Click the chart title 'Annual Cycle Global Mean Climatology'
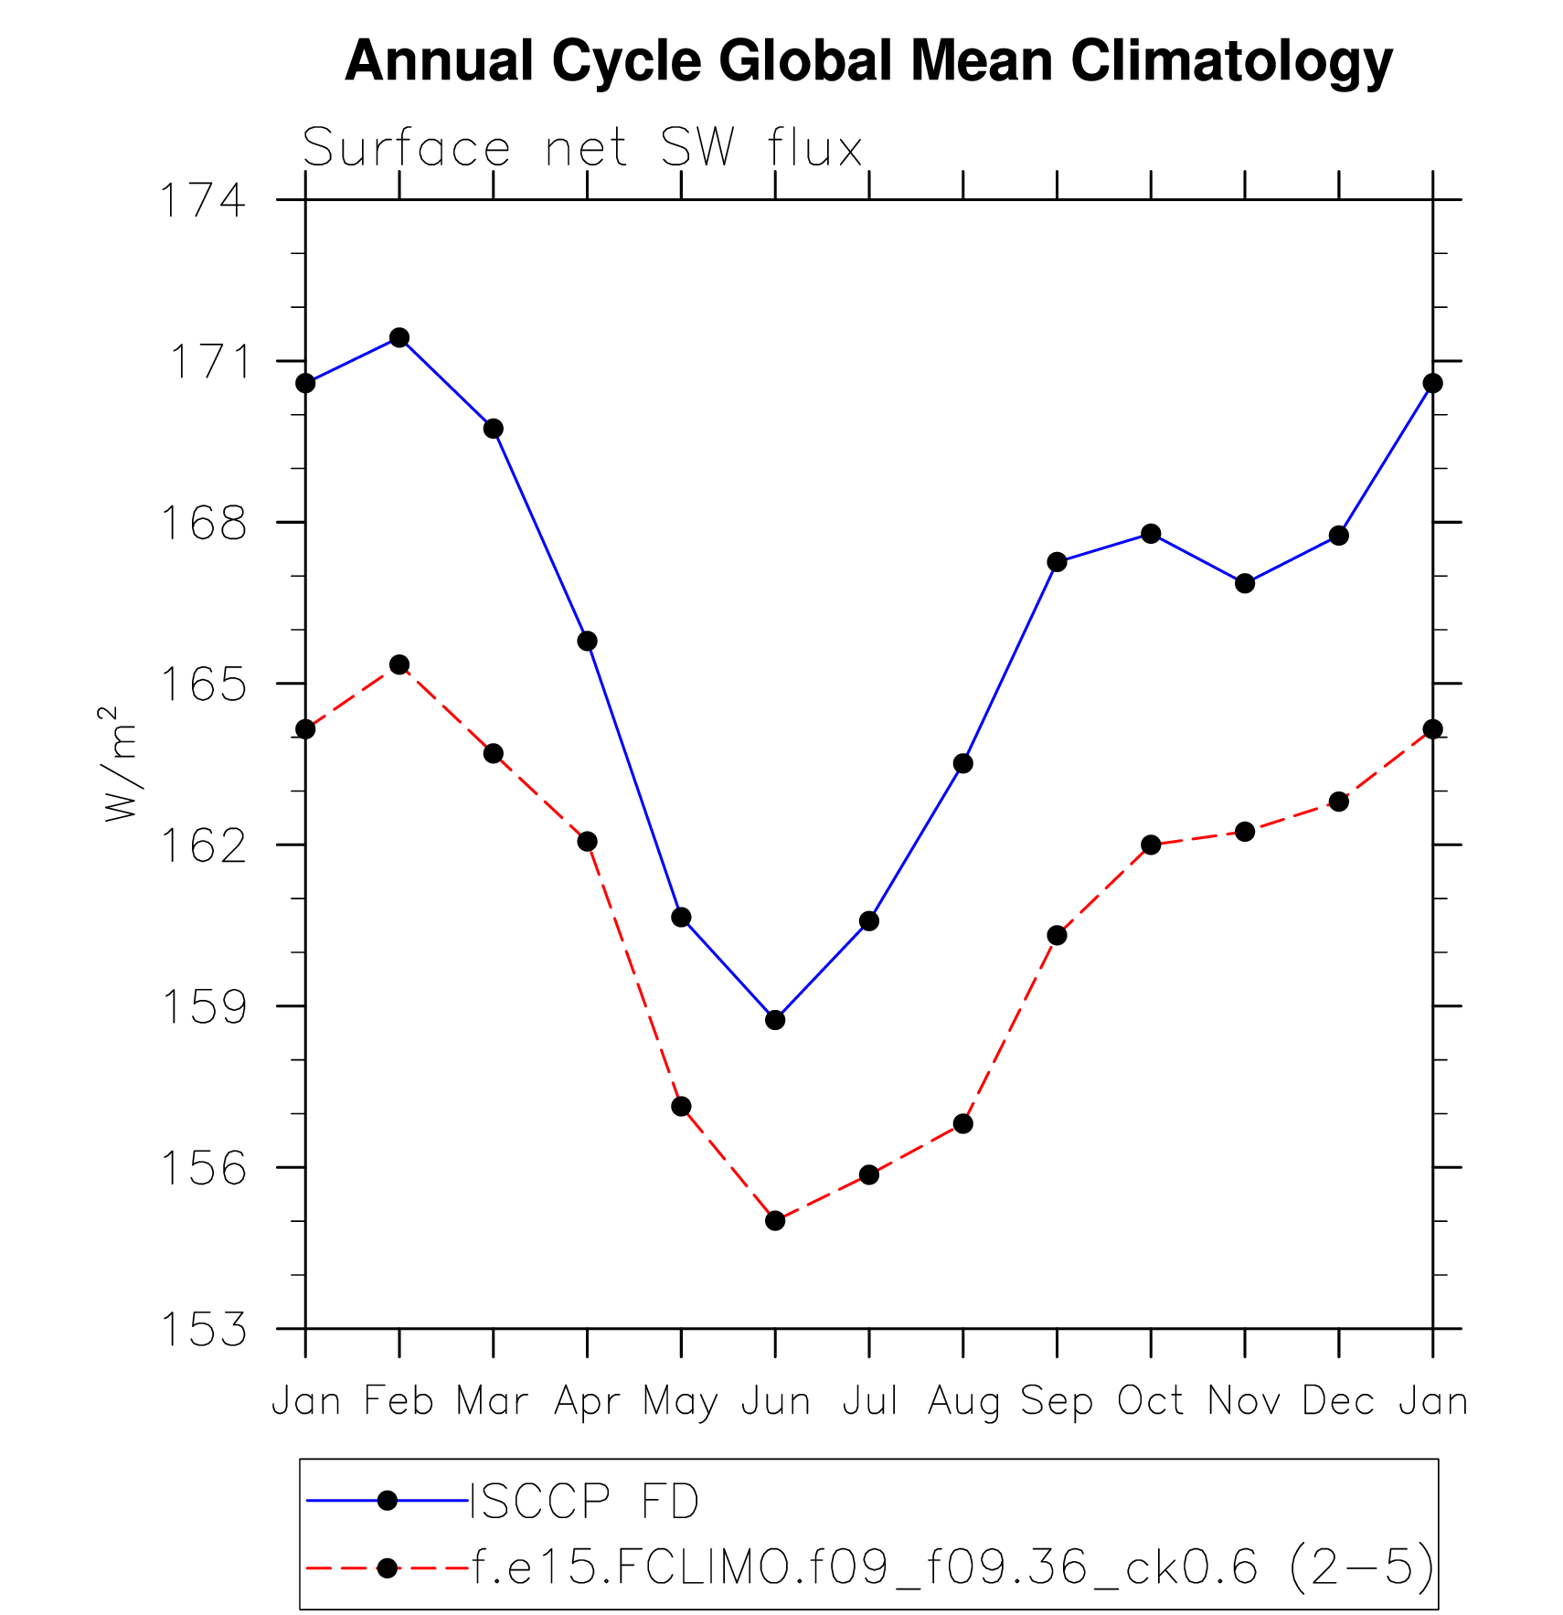coord(868,62)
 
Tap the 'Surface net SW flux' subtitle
coord(582,148)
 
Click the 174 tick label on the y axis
coord(203,201)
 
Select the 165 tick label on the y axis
coord(203,685)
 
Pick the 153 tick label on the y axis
coord(203,1330)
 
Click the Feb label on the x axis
coord(399,1401)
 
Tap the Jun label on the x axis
coord(775,1401)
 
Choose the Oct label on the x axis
coord(1151,1401)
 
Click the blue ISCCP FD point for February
coord(399,337)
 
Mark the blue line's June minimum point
coord(775,1019)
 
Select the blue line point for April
coord(587,641)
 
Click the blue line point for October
coord(1151,534)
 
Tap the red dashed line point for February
coord(399,664)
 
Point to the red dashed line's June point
coord(775,1220)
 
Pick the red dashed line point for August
coord(962,1123)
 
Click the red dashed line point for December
coord(1338,802)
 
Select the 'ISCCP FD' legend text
coord(585,1501)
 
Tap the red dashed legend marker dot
coord(388,1568)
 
